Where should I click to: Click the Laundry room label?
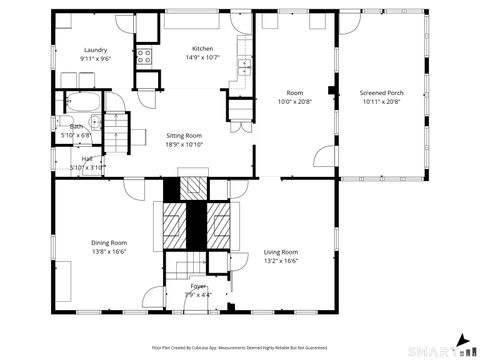pos(95,50)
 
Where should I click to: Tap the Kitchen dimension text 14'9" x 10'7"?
pos(203,58)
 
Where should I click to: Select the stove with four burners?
pos(144,56)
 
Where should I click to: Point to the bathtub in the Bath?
pos(77,103)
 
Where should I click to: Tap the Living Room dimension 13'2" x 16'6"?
pos(281,261)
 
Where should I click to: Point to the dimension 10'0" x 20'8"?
pos(295,102)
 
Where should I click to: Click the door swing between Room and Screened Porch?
pos(325,157)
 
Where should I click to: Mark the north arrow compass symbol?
pos(463,340)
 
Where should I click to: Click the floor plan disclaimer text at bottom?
pos(239,347)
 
